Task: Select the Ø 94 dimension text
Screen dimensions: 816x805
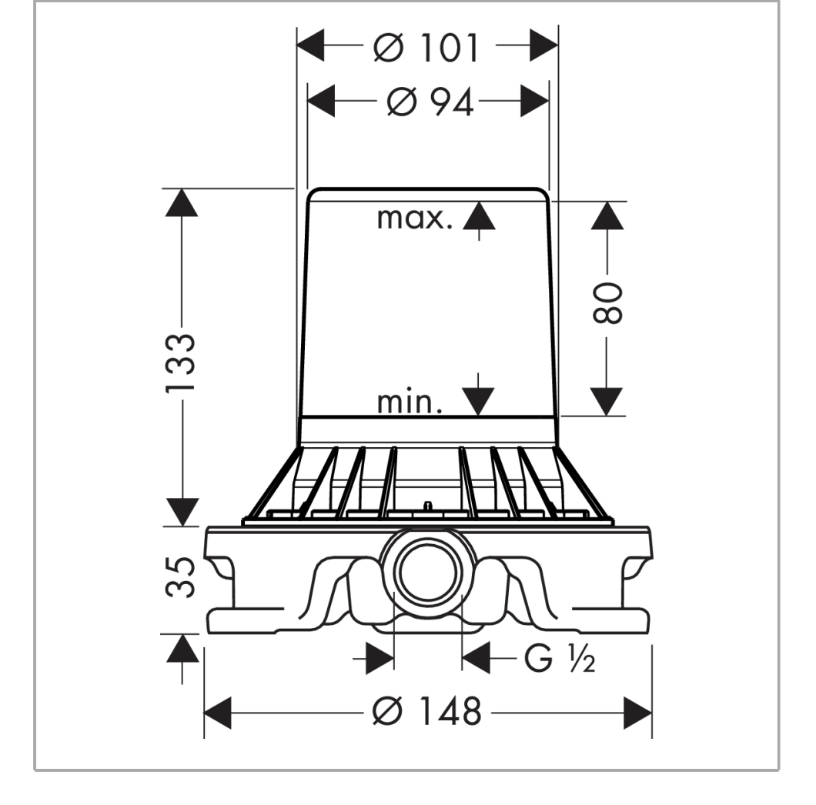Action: [430, 102]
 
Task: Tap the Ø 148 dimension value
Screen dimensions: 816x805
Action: [427, 711]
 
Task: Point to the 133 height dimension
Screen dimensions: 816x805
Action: [181, 362]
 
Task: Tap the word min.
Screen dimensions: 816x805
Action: [410, 402]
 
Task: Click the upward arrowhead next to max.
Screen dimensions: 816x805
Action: [479, 215]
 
